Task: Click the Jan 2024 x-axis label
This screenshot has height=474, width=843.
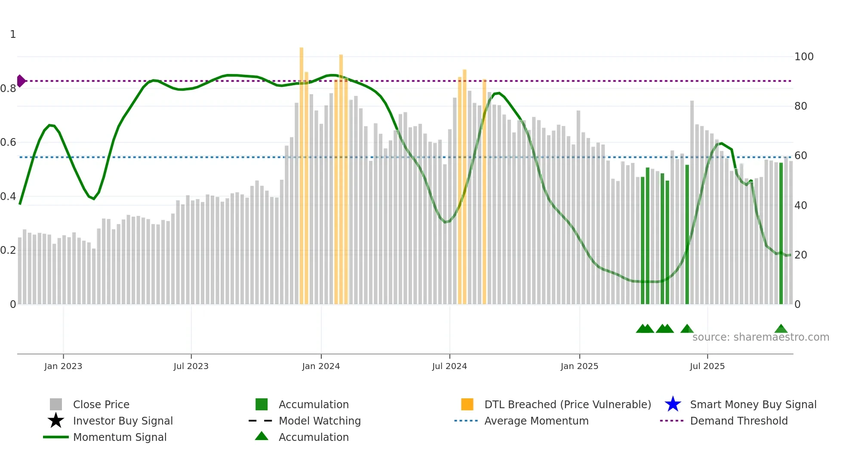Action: tap(321, 366)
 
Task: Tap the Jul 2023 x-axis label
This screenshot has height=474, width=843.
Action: tap(191, 366)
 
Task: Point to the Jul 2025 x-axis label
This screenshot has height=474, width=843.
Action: tap(707, 366)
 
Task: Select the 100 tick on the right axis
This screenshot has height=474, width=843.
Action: tap(803, 57)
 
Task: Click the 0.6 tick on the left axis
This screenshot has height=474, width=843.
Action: tap(8, 142)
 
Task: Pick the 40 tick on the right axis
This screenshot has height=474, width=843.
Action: tap(800, 206)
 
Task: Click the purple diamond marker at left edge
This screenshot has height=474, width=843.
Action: tap(21, 81)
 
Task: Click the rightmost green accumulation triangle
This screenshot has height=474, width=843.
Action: tap(781, 329)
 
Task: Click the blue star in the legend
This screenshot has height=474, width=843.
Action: tap(673, 404)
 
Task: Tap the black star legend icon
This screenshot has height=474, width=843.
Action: tap(56, 421)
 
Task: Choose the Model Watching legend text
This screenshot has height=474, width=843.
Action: tap(320, 421)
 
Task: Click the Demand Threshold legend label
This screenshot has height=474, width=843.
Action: tap(738, 421)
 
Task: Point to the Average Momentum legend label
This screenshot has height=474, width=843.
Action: tap(536, 421)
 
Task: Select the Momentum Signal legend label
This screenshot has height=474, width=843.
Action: tap(120, 437)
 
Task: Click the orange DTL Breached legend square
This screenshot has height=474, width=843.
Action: tap(467, 404)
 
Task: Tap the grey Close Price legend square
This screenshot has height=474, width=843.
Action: tap(56, 404)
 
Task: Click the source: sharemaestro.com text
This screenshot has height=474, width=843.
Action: tap(760, 337)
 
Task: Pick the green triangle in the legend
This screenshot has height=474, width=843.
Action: tap(262, 437)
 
